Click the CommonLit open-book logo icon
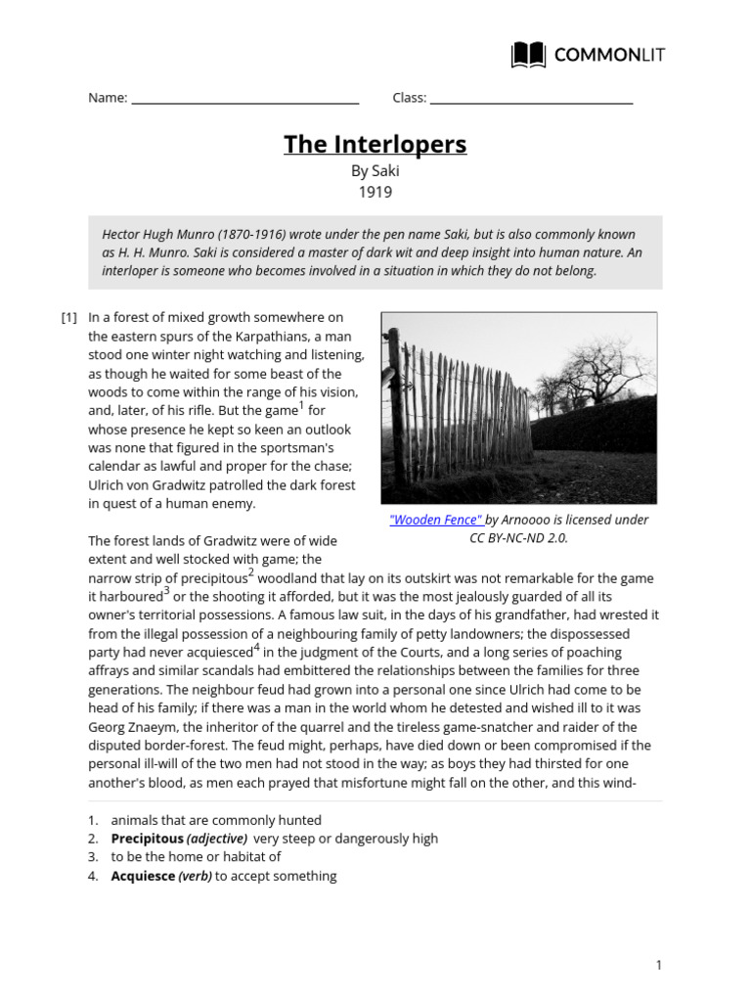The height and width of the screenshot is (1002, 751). click(x=529, y=55)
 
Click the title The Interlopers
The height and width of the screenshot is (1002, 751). click(x=375, y=145)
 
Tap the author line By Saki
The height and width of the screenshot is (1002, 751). click(x=375, y=171)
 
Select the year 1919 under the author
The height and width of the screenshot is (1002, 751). click(x=375, y=192)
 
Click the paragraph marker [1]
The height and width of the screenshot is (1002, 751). click(x=68, y=317)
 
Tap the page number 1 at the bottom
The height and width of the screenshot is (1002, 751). click(x=659, y=966)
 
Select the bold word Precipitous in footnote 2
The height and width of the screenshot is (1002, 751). click(x=147, y=839)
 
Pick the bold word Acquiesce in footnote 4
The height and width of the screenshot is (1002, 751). click(x=143, y=876)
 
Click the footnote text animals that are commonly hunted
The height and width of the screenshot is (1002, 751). click(x=216, y=820)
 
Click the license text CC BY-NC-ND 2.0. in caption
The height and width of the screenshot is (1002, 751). click(x=518, y=538)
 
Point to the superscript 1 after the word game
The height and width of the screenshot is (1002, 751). click(x=301, y=406)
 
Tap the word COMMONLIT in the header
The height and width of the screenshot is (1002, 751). click(x=608, y=55)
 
